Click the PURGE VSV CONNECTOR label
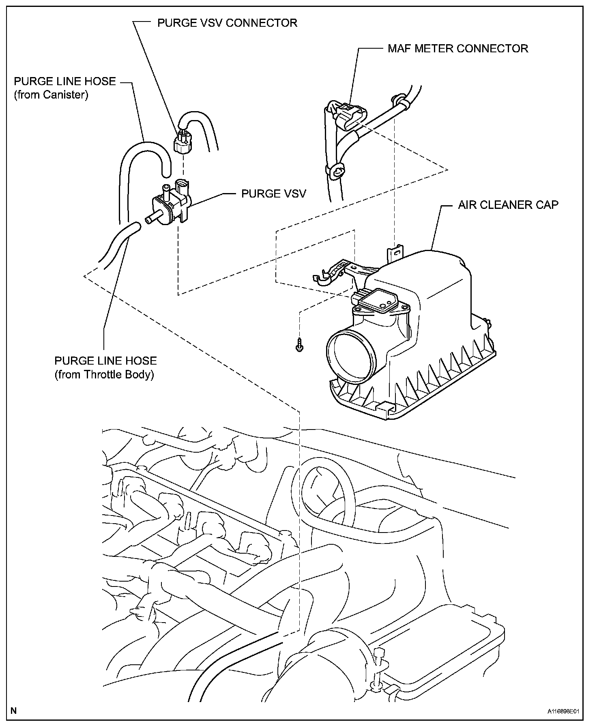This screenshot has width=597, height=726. coord(227,23)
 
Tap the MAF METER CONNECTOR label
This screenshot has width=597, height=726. coord(457,49)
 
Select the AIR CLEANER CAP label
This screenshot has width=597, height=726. coord(508,205)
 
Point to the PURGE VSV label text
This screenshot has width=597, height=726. coord(273,193)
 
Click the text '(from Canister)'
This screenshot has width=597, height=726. coord(51,95)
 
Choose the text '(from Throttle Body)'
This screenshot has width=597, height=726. coord(104,374)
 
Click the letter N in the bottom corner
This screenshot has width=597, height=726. coord(14,710)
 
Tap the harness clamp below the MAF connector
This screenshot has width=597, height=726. coord(337,173)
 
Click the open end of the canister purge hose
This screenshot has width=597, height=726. coord(166,173)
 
